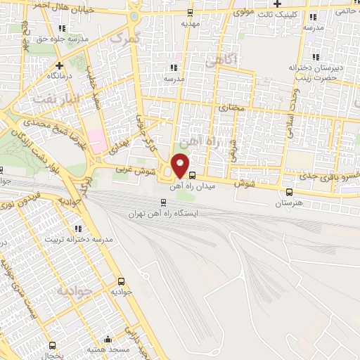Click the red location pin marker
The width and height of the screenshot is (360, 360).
click(181, 165)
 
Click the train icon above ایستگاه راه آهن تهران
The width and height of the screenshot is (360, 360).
click(164, 202)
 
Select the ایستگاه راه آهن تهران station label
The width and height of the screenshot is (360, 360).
click(164, 212)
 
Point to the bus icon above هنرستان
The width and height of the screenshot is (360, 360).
click(290, 192)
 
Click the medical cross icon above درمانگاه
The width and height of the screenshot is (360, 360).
click(51, 62)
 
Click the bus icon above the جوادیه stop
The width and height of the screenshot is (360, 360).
click(122, 279)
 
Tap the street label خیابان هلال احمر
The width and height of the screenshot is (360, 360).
click(65, 8)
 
